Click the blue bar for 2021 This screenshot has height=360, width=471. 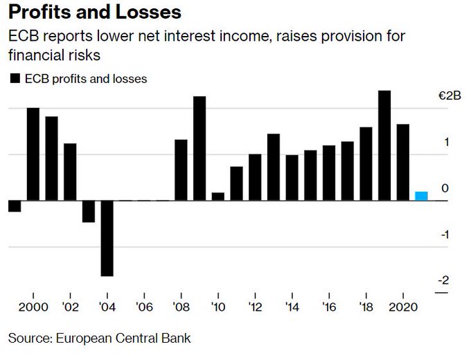(421, 196)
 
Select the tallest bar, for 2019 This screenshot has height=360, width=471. (384, 145)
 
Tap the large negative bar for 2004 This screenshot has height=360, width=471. (107, 238)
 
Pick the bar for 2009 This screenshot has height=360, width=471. (199, 148)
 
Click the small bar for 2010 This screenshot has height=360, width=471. (218, 197)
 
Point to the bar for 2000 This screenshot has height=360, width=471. (33, 154)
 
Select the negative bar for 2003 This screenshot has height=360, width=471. (89, 211)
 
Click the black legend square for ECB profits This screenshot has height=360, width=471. (14, 79)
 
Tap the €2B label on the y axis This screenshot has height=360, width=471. (450, 96)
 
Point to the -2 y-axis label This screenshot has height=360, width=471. (443, 280)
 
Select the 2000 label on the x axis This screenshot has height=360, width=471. (33, 307)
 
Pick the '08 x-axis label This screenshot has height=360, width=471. (181, 307)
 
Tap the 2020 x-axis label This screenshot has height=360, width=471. (402, 307)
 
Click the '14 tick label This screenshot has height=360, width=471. (292, 307)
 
